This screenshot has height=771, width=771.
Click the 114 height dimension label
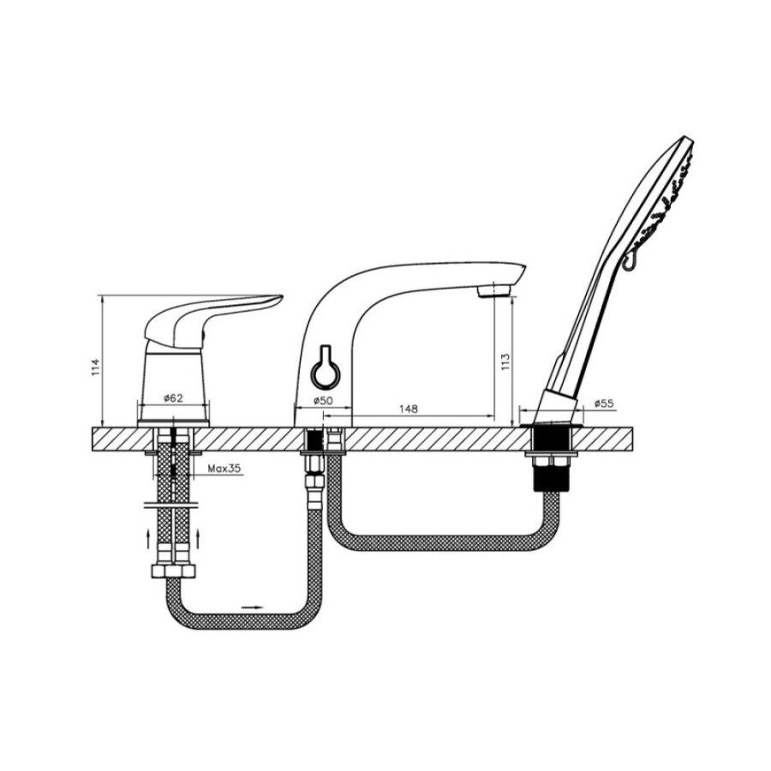pyautogui.click(x=96, y=368)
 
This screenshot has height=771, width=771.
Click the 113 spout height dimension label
pyautogui.click(x=505, y=362)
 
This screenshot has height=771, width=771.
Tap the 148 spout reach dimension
pyautogui.click(x=408, y=409)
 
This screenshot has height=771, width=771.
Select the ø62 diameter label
pyautogui.click(x=173, y=397)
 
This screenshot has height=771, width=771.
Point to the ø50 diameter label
pyautogui.click(x=323, y=400)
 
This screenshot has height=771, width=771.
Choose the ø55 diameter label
pyautogui.click(x=604, y=403)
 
